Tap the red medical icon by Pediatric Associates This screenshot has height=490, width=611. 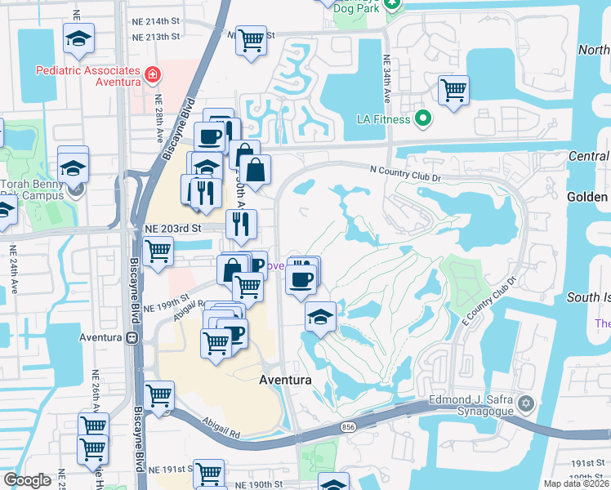151,77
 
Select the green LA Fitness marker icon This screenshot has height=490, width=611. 422,119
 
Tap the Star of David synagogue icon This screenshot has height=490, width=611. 527,403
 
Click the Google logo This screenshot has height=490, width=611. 27,479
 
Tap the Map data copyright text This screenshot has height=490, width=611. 578,483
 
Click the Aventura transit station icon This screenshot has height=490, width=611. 132,337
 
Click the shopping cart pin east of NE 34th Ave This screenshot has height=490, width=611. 453,90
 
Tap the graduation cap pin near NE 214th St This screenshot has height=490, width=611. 79,38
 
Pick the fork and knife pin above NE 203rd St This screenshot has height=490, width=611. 241,224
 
